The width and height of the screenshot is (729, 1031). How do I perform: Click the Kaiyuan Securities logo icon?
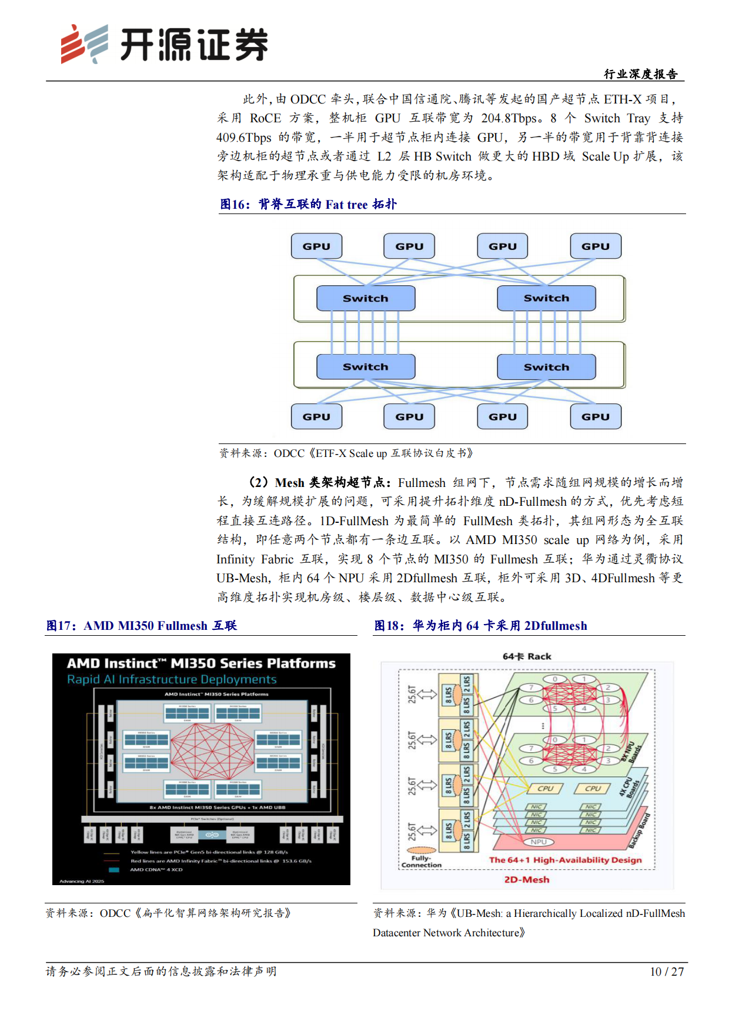84,44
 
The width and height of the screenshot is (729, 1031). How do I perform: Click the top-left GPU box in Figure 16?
316,246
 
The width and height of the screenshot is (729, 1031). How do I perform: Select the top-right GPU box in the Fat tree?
596,246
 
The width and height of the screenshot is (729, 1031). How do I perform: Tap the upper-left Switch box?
366,298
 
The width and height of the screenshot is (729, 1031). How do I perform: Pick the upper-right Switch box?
546,298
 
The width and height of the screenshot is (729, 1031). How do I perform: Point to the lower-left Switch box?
366,367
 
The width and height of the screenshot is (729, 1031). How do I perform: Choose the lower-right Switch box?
546,367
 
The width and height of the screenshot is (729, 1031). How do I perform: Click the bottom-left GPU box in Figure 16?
316,416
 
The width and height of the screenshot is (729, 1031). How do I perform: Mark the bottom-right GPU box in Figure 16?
596,416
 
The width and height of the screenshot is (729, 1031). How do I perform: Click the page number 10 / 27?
667,972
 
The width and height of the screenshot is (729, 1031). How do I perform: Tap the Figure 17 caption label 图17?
60,626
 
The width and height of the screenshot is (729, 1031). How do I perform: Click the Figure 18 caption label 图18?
388,626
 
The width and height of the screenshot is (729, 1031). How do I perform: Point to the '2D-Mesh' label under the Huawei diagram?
527,880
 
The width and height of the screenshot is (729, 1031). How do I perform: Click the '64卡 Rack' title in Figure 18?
527,656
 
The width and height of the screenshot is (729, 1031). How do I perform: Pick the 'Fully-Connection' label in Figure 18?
421,862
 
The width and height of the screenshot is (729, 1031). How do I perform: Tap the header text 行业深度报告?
640,74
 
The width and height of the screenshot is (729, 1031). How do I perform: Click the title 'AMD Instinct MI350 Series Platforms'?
201,663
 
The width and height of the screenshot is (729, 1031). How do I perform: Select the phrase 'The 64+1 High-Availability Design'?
565,860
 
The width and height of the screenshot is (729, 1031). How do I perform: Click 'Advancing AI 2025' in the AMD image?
82,881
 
